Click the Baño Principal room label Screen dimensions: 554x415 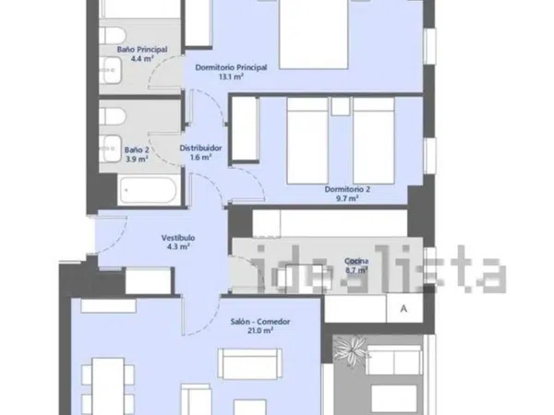tap(142, 50)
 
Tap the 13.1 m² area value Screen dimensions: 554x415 tap(231, 77)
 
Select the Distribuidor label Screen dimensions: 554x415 tap(200, 148)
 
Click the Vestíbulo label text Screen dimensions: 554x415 tap(178, 238)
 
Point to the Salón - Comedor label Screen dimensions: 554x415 tap(260, 322)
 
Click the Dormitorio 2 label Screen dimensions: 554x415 tap(347, 189)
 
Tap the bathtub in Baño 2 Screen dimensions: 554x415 tap(148, 191)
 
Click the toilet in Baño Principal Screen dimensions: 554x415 tap(113, 36)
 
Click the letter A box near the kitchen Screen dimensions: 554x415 tap(404, 308)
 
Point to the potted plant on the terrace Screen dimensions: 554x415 tap(352, 350)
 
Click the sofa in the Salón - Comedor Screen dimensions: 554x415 tap(250, 363)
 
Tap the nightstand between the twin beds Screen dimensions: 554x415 tap(340, 106)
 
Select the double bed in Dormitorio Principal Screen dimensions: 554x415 tap(314, 34)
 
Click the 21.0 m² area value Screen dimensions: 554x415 tap(260, 331)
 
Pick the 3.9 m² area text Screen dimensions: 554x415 tap(137, 159)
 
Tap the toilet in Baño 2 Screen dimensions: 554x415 tap(113, 116)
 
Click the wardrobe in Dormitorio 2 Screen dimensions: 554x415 tap(244, 128)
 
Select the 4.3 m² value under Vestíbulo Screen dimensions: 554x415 tap(178, 246)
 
